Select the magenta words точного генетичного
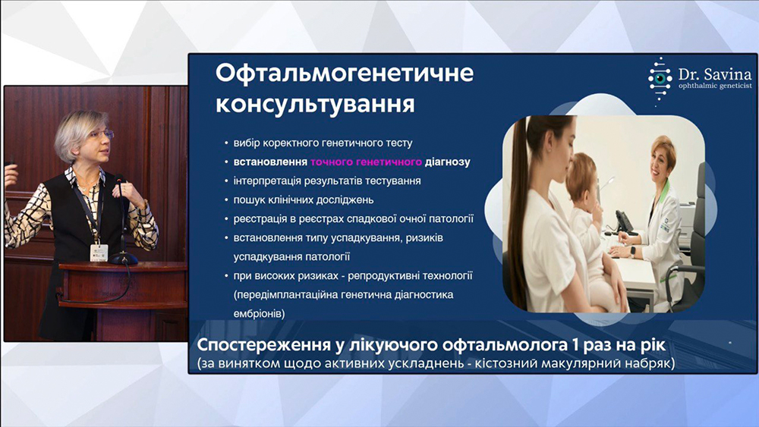366,162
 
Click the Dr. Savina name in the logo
715,74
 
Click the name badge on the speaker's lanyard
99,253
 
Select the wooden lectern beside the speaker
124,300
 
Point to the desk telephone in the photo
623,222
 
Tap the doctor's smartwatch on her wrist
632,252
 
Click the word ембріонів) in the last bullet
260,314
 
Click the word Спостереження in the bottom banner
259,346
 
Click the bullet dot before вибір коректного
226,143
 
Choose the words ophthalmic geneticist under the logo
715,86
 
